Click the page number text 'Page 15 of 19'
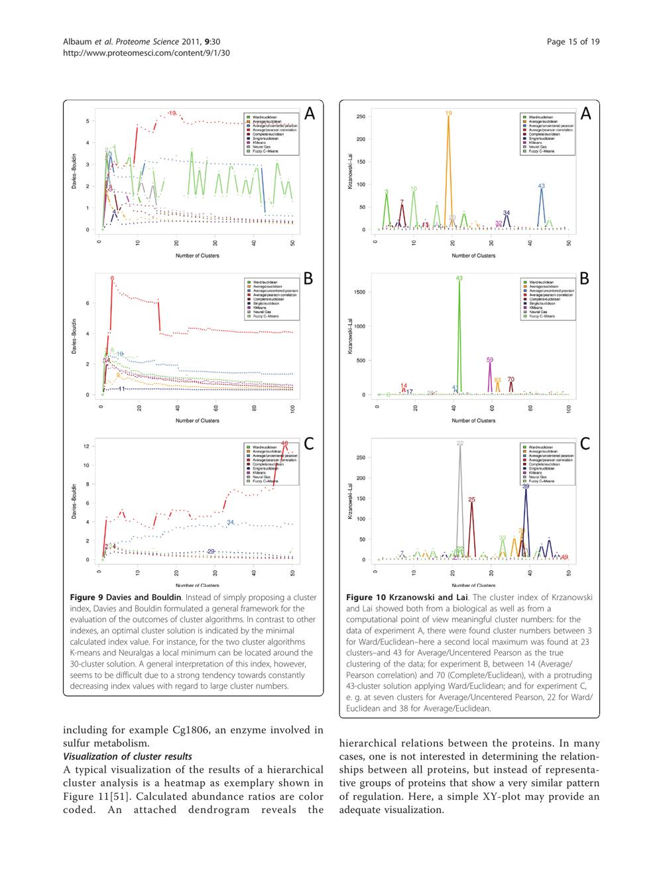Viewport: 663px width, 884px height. pyautogui.click(x=573, y=42)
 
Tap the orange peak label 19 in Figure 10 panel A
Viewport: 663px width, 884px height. pyautogui.click(x=449, y=114)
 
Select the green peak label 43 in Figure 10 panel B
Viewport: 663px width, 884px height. pyautogui.click(x=459, y=278)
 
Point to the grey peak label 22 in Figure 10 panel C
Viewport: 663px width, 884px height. pyautogui.click(x=460, y=443)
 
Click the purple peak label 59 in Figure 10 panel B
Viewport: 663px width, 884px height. pyautogui.click(x=490, y=360)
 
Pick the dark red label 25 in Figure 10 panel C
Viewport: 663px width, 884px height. pyautogui.click(x=472, y=499)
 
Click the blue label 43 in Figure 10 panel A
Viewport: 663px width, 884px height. pyautogui.click(x=542, y=186)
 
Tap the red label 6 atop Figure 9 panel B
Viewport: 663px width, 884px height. pyautogui.click(x=112, y=278)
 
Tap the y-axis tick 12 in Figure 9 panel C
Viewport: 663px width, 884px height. pyautogui.click(x=87, y=446)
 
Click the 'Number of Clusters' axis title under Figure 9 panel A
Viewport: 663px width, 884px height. pyautogui.click(x=198, y=255)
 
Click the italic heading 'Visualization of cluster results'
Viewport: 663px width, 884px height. pyautogui.click(x=127, y=757)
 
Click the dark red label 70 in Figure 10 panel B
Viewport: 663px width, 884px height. pyautogui.click(x=511, y=379)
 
